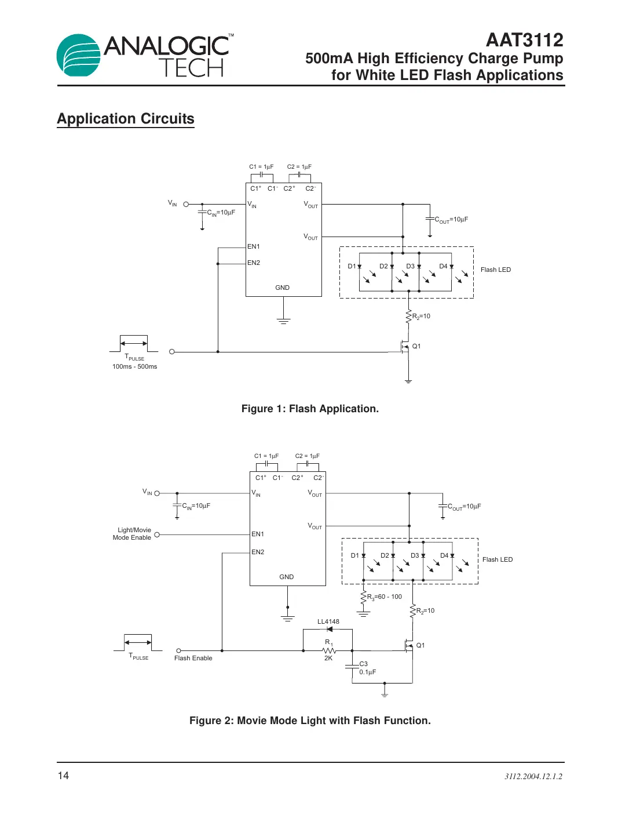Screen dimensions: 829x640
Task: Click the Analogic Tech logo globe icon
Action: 79,56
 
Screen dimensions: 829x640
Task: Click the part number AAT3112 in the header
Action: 524,40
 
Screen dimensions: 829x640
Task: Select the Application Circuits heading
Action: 126,119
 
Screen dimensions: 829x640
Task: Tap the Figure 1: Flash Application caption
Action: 310,409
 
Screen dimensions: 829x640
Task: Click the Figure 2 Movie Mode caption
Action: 310,721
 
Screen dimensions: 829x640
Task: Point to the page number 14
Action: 63,776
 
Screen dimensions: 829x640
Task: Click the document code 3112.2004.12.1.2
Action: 533,776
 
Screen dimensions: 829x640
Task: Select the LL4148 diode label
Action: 328,621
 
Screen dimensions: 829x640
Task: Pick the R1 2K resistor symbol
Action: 329,650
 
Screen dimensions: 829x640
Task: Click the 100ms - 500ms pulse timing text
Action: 134,366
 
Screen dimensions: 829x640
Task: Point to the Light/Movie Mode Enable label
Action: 132,534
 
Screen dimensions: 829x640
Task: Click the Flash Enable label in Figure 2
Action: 193,658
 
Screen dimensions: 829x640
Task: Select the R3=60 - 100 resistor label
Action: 384,597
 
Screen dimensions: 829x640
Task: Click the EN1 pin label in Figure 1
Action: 254,246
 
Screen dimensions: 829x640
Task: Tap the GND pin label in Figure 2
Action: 286,577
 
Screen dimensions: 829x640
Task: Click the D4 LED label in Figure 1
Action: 443,266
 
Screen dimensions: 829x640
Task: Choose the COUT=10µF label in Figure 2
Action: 464,507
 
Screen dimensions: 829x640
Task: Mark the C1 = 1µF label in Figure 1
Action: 261,166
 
